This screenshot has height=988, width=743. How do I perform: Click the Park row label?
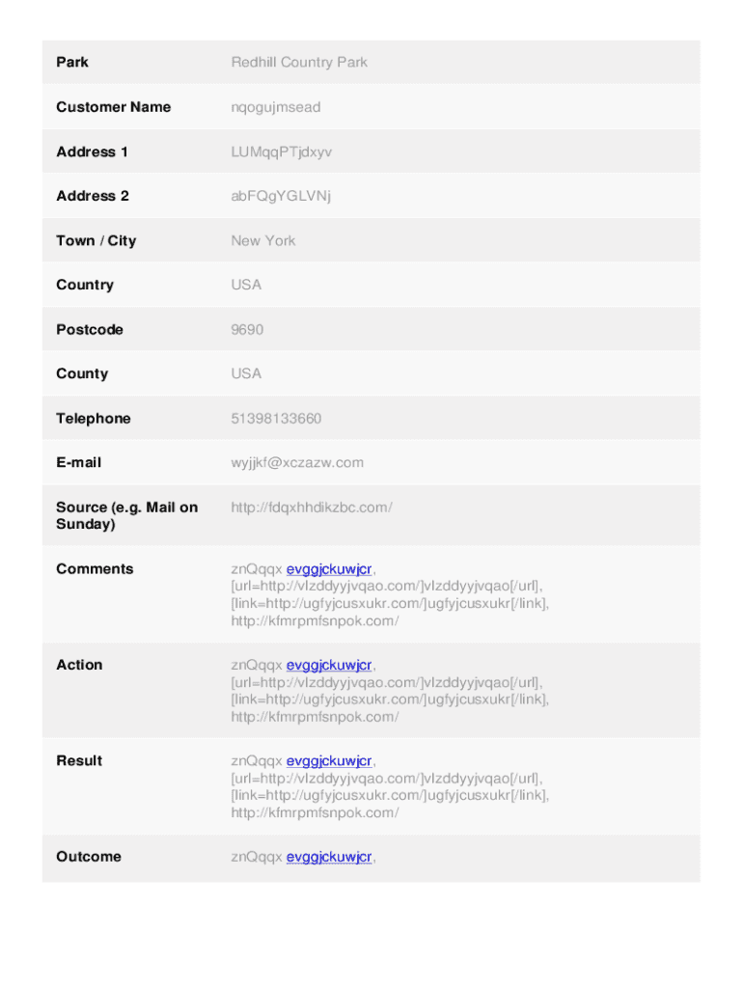(72, 63)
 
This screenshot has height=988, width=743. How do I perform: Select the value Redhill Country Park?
(299, 63)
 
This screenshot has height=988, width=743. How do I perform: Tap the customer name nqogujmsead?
(276, 107)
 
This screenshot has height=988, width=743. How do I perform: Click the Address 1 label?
(93, 151)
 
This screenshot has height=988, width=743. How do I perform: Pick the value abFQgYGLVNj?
(281, 196)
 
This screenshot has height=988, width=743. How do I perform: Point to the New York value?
(263, 240)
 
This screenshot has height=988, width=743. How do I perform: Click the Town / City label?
(96, 240)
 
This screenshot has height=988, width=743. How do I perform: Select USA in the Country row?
(246, 285)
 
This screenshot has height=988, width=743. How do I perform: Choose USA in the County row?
(246, 373)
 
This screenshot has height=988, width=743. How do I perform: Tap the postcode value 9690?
(247, 329)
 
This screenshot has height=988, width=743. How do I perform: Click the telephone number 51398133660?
(277, 418)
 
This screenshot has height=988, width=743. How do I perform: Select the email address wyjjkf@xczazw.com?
(297, 462)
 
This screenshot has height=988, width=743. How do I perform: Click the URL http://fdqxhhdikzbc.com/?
(312, 508)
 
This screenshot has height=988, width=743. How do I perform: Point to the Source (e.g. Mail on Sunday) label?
(126, 515)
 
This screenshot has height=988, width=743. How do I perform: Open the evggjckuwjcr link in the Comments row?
(329, 569)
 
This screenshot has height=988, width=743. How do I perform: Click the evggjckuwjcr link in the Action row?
(329, 665)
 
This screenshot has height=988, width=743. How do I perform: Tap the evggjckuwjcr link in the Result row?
(329, 761)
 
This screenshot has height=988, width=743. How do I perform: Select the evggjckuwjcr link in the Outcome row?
(329, 857)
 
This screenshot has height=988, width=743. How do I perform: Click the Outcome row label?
(89, 857)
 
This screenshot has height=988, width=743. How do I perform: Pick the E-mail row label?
(79, 462)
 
